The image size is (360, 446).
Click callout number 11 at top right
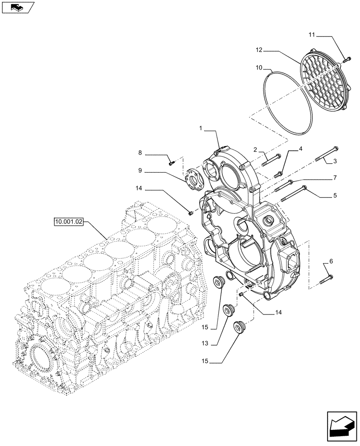311,34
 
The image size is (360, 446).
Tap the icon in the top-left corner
17,8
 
